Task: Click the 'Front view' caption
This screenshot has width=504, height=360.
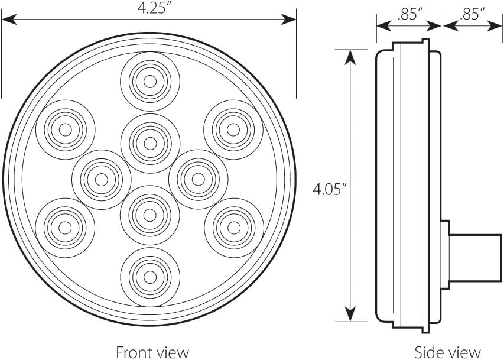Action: [x=152, y=352]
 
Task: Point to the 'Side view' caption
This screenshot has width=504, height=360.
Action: [x=447, y=352]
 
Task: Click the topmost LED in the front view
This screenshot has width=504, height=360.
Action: [x=150, y=81]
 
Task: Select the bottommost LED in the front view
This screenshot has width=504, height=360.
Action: [x=149, y=276]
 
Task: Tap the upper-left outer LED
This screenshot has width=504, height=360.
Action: [x=65, y=129]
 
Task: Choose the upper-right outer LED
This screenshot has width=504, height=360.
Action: [x=233, y=129]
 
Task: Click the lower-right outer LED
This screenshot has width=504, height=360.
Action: [x=234, y=227]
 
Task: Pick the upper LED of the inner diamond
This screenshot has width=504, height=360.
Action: [x=150, y=143]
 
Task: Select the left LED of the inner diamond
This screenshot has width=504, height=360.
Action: [x=102, y=179]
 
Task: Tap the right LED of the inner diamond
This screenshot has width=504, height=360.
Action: [x=198, y=179]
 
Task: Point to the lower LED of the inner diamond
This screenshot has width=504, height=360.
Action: [x=149, y=214]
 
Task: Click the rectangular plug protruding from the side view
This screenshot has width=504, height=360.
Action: [x=473, y=258]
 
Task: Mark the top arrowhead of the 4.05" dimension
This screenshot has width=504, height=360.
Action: [x=350, y=56]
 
